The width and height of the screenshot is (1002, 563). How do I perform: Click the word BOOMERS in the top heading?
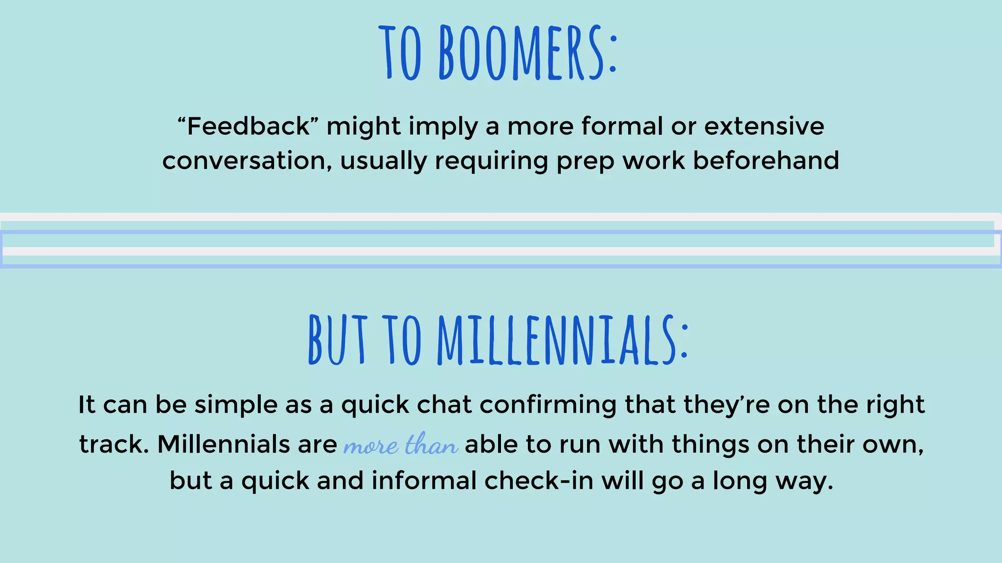(x=527, y=53)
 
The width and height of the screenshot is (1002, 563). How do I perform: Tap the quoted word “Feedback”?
(x=249, y=126)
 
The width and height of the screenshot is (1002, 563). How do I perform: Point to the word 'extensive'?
(x=764, y=126)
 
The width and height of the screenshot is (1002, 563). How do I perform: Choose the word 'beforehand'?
(x=766, y=161)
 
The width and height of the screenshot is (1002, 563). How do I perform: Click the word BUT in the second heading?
(x=338, y=341)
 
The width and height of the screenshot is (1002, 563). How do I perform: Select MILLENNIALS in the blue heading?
(x=563, y=341)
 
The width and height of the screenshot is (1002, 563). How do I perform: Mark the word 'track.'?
(x=114, y=444)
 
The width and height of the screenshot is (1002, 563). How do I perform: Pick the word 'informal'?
(x=424, y=480)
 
